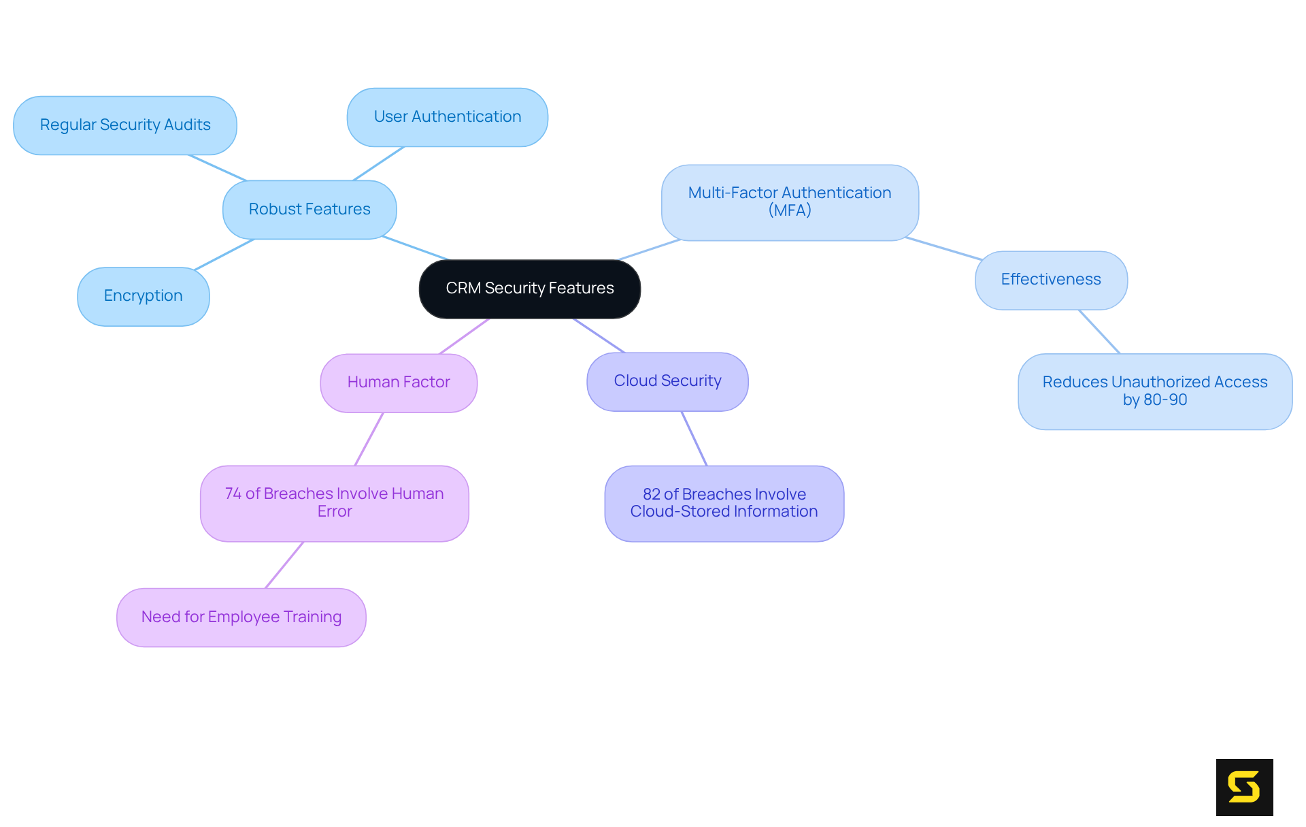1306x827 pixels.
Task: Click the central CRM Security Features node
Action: tap(529, 289)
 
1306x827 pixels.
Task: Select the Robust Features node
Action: tap(309, 210)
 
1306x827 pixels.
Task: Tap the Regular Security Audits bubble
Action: tap(125, 125)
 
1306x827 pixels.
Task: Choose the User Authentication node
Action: tap(447, 117)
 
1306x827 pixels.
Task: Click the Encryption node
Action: tap(143, 296)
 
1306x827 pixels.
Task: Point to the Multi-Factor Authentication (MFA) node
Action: tap(790, 202)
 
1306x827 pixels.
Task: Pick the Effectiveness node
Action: tap(1050, 280)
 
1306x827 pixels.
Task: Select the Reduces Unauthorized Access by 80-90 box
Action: tap(1154, 391)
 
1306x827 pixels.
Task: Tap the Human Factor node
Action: tap(399, 383)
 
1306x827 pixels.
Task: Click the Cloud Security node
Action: tap(667, 381)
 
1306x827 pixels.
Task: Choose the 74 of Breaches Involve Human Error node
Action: tap(334, 503)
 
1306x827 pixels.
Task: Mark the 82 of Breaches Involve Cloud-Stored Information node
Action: tap(724, 503)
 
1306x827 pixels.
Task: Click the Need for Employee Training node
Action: tap(241, 617)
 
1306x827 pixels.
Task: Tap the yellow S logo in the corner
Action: tap(1244, 787)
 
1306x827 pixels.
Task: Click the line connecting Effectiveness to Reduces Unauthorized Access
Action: tap(1099, 331)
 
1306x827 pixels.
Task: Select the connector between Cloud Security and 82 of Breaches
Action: tap(694, 438)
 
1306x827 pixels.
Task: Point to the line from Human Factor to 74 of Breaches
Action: tap(369, 439)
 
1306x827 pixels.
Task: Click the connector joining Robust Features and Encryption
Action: tap(224, 255)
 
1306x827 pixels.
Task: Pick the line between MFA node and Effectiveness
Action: tap(943, 248)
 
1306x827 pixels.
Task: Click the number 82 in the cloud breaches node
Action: tap(652, 494)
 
